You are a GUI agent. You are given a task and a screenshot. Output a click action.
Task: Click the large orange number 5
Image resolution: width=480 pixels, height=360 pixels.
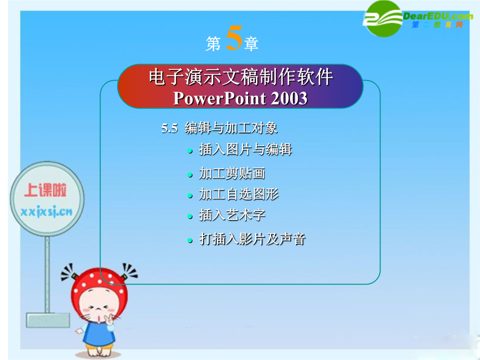click(x=234, y=38)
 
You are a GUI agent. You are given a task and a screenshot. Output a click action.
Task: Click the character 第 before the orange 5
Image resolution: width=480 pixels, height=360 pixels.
click(x=213, y=44)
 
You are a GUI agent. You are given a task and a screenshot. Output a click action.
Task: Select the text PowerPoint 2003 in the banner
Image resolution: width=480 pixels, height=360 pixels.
click(x=240, y=98)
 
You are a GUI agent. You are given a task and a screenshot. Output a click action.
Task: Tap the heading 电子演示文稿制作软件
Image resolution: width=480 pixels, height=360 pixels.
click(x=241, y=77)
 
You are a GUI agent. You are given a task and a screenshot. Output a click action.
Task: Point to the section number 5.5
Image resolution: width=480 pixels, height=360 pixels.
click(x=170, y=128)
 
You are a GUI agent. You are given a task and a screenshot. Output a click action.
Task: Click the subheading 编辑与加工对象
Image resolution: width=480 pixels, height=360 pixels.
click(x=232, y=128)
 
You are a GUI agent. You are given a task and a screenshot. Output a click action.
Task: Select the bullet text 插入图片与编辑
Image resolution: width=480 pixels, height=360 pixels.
click(x=245, y=149)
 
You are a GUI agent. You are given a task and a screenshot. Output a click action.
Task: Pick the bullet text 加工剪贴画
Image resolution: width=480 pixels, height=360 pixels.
click(x=232, y=173)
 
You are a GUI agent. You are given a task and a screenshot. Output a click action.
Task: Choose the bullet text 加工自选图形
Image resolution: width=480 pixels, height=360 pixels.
click(x=239, y=194)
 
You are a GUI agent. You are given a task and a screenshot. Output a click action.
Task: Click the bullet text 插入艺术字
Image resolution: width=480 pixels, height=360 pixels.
click(x=232, y=215)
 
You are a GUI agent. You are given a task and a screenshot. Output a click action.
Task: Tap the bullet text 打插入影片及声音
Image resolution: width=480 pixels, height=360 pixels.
click(x=252, y=239)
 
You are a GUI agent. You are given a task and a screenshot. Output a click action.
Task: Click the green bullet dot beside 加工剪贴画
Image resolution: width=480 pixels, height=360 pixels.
click(x=190, y=175)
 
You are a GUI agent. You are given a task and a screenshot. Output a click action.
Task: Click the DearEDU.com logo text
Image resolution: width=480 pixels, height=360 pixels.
click(x=438, y=16)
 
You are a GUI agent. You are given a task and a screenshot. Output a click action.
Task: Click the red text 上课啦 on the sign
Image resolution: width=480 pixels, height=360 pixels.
click(x=46, y=190)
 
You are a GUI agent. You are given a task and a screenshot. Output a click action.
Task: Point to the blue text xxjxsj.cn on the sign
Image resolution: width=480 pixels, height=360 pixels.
click(x=47, y=212)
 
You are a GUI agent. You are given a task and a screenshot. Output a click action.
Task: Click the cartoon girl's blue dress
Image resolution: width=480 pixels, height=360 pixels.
click(x=100, y=334)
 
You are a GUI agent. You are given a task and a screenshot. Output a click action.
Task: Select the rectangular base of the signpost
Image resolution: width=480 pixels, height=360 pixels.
click(x=48, y=320)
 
